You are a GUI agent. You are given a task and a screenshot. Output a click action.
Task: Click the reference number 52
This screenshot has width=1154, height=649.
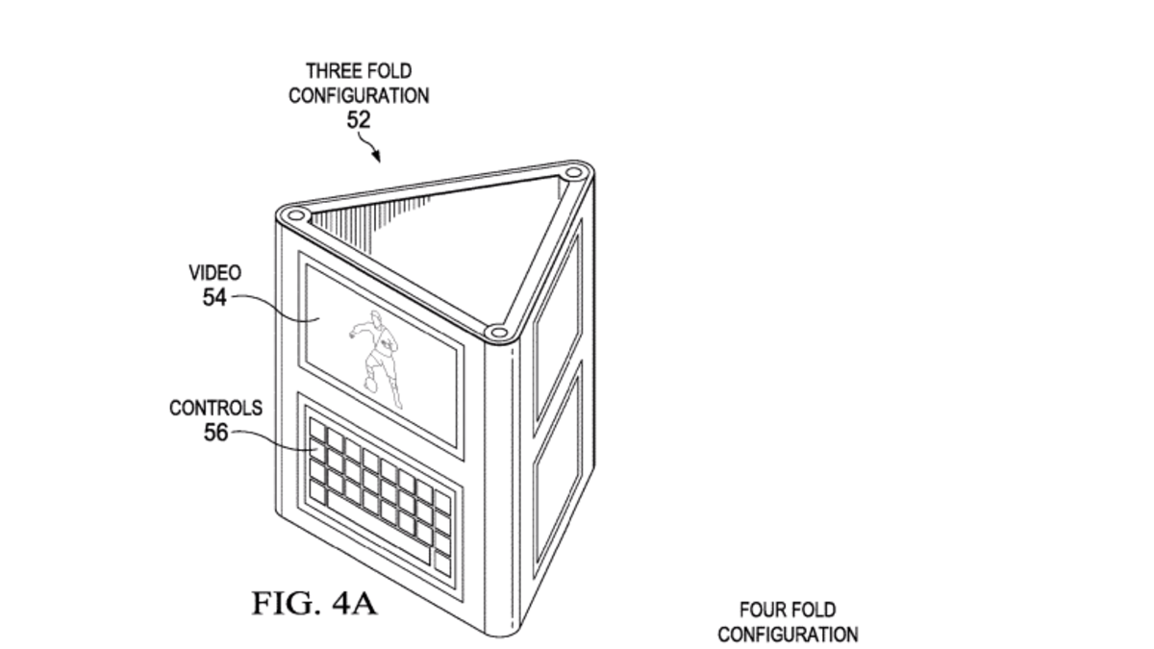click(359, 119)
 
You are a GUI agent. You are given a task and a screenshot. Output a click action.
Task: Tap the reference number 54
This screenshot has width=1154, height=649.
click(214, 297)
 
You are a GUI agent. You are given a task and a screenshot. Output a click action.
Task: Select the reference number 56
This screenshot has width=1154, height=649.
click(216, 433)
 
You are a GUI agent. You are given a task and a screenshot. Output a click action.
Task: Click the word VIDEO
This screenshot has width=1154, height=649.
click(214, 274)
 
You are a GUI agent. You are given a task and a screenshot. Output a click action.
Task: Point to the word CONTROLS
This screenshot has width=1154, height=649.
click(215, 409)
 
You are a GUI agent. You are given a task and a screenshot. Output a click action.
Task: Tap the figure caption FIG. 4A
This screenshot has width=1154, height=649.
click(314, 604)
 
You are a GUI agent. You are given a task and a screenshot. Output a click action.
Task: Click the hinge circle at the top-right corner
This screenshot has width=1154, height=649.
click(573, 175)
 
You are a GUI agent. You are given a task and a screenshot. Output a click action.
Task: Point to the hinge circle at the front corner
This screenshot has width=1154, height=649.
click(496, 334)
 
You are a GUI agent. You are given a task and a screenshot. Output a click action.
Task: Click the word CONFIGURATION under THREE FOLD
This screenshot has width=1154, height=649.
click(359, 95)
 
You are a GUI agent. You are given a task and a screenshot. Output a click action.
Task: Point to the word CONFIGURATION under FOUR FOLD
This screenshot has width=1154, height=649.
click(788, 635)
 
